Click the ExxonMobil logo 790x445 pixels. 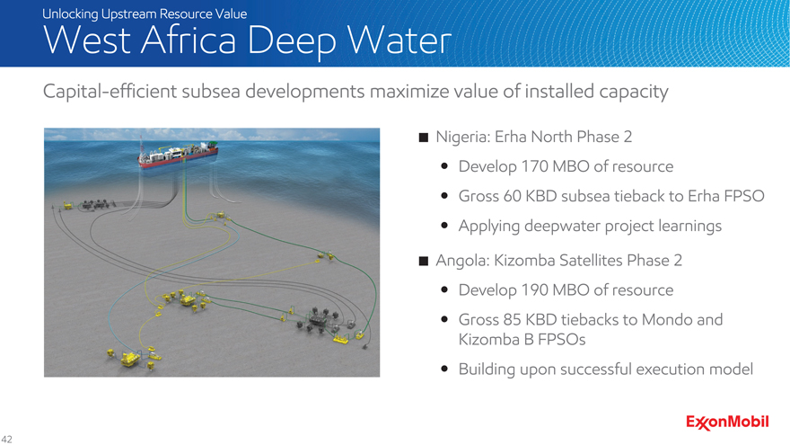727,422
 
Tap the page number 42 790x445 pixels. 6,440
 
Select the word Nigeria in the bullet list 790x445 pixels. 462,137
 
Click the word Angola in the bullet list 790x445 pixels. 462,261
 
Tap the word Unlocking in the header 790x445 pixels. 70,14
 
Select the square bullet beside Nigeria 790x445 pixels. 423,138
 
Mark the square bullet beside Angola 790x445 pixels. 423,261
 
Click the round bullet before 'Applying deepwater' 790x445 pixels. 444,226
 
